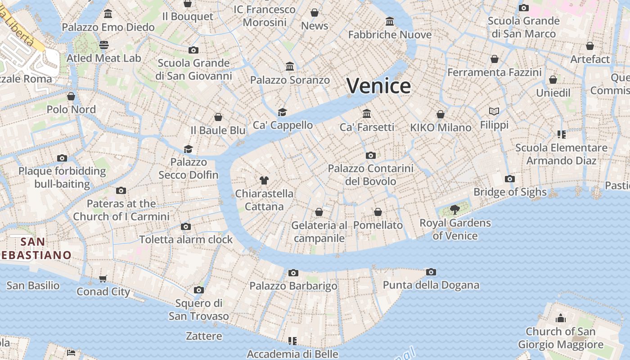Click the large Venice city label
pos(378,85)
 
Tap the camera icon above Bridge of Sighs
pos(509,179)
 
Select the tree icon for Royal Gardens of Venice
pos(454,209)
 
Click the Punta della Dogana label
pos(431,285)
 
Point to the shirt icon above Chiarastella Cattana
pos(264,180)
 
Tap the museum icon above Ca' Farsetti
pos(367,113)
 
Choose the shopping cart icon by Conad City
pos(103,279)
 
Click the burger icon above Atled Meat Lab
pos(104,45)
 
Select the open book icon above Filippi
pos(494,111)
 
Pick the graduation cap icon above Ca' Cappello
pos(282,112)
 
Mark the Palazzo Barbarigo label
pos(293,286)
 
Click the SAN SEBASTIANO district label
pos(33,248)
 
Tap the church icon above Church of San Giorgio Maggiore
pos(561,319)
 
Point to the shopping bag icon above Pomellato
pos(378,211)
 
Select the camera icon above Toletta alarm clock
pos(186,226)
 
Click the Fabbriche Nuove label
pos(390,35)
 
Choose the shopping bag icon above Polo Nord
pos(71,96)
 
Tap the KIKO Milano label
pos(441,127)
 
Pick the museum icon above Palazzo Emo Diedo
pos(108,14)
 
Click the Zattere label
pos(204,336)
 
